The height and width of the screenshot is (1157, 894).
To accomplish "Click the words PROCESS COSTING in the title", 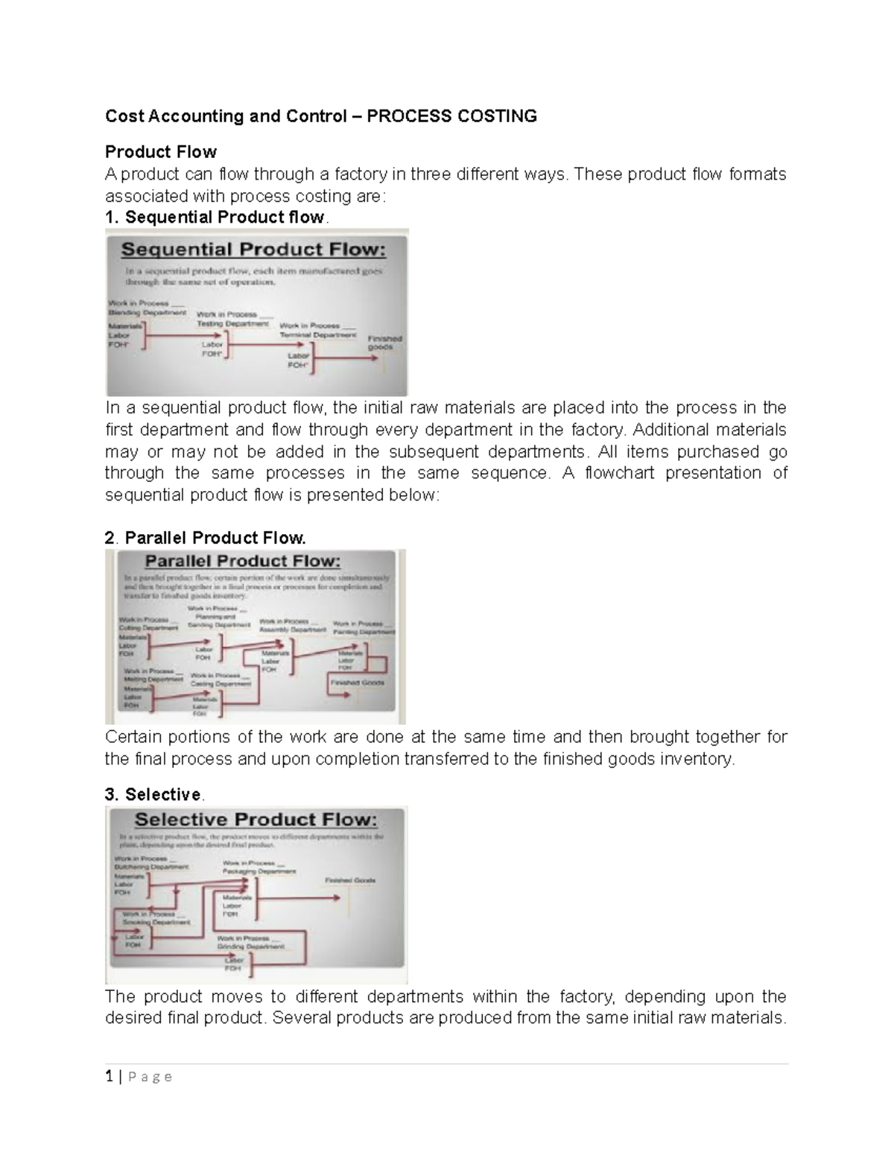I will coord(451,116).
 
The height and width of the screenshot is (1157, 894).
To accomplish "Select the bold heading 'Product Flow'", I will coord(160,152).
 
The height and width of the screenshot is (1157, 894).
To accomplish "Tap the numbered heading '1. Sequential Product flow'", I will coord(215,218).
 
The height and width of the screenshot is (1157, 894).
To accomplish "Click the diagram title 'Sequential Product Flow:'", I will coord(254,250).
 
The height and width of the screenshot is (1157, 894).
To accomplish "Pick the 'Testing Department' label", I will coord(232,324).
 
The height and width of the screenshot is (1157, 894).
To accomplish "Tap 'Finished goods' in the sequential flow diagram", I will coord(384,343).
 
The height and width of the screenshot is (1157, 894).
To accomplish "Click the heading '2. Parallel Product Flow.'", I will coord(205,538).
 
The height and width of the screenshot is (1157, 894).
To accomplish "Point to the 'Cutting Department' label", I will coord(149,628).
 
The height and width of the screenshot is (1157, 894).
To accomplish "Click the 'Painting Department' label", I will coord(364,632).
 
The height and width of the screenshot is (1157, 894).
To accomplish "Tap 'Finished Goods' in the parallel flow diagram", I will coord(358,682).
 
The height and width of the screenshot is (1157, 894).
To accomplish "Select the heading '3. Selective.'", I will coord(153,794).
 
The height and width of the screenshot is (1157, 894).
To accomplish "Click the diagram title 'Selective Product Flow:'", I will coord(256,820).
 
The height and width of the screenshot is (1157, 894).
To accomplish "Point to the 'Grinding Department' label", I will coord(251,947).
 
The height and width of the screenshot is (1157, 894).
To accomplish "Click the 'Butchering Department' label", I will coord(151,867).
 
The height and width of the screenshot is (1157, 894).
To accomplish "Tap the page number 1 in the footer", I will coord(109,1077).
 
